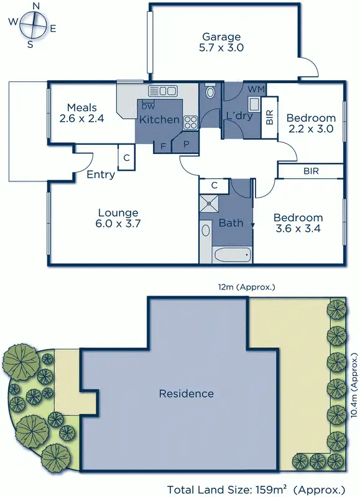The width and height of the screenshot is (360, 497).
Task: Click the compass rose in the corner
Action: pyautogui.click(x=32, y=25)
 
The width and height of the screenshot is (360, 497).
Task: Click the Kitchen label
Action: pyautogui.click(x=159, y=119)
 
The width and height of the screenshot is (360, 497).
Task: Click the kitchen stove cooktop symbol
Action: pyautogui.click(x=190, y=122)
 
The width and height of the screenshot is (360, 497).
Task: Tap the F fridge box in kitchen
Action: pyautogui.click(x=163, y=147)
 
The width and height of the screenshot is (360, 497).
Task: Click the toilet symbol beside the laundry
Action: pyautogui.click(x=210, y=93)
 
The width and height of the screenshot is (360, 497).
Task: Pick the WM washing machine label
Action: pyautogui.click(x=255, y=90)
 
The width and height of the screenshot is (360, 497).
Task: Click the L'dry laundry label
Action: pyautogui.click(x=238, y=116)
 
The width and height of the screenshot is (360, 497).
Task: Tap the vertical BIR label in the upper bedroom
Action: pyautogui.click(x=269, y=117)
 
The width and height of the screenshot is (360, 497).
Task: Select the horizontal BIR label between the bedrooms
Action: pyautogui.click(x=311, y=170)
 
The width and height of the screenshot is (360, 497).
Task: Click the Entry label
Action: pyautogui.click(x=101, y=175)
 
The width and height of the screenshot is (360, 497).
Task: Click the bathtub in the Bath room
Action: pyautogui.click(x=231, y=254)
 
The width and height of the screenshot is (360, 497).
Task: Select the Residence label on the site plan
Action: pyautogui.click(x=186, y=393)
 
